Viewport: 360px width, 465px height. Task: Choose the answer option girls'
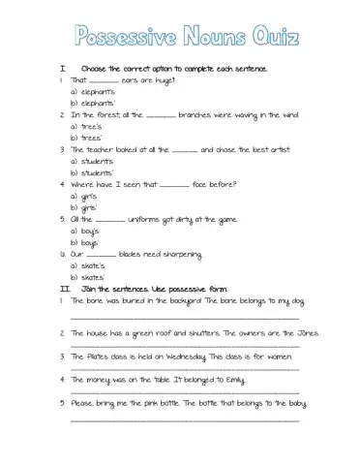click(88, 207)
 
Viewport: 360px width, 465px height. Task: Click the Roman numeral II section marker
click(64, 288)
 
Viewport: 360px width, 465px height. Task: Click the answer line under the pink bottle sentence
click(184, 419)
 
